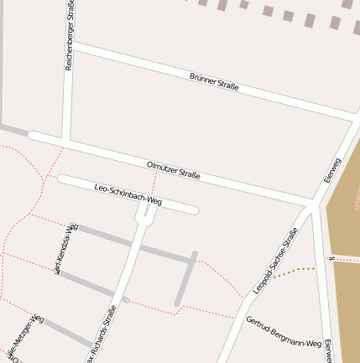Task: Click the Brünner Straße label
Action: click(x=214, y=81)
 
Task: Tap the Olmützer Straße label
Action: click(x=174, y=170)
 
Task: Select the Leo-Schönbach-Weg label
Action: click(x=128, y=194)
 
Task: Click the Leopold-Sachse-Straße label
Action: click(x=275, y=260)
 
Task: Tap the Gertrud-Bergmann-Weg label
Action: click(x=284, y=332)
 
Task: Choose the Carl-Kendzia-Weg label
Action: click(x=65, y=249)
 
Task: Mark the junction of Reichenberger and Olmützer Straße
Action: click(x=65, y=139)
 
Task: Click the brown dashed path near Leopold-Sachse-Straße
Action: click(x=294, y=271)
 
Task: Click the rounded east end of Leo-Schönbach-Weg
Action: click(x=194, y=210)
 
